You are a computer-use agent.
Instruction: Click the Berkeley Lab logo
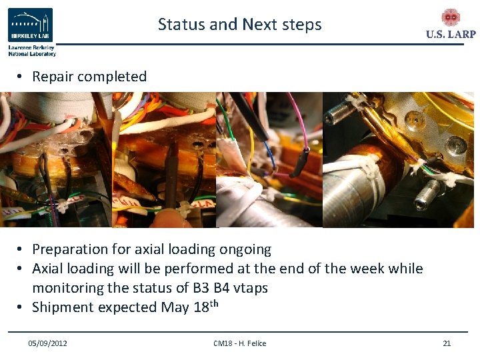click(31, 26)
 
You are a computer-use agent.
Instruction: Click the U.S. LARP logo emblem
click(451, 18)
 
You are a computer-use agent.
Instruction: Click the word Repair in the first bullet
click(53, 77)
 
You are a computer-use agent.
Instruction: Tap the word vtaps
click(247, 288)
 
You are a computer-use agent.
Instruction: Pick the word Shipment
click(61, 307)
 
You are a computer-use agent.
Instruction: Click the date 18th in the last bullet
click(207, 307)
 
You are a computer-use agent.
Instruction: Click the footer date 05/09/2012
click(47, 343)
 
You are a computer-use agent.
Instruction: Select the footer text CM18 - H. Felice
click(239, 343)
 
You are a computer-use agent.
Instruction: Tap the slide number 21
click(447, 343)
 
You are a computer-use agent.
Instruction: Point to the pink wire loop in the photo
click(298, 127)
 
